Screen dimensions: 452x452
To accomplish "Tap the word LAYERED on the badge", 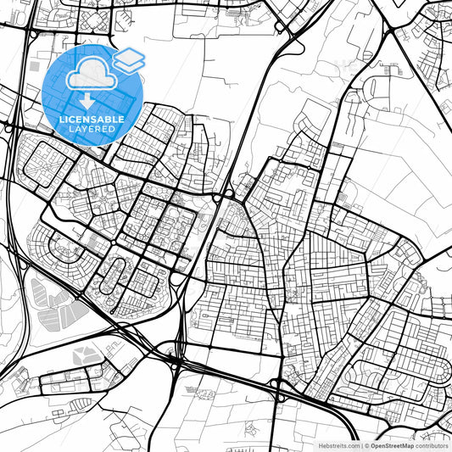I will coord(92,129).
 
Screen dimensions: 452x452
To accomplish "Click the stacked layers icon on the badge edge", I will coord(128,59).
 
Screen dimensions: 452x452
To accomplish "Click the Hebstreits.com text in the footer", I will coord(338,445).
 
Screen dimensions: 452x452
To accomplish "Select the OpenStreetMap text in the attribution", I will coord(391,445).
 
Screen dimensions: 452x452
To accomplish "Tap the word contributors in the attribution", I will coord(432,445).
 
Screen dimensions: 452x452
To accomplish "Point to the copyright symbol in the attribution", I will coord(365,445).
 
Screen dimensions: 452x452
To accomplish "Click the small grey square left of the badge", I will coord(34,65).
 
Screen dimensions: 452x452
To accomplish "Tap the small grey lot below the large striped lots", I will coord(86,356).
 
